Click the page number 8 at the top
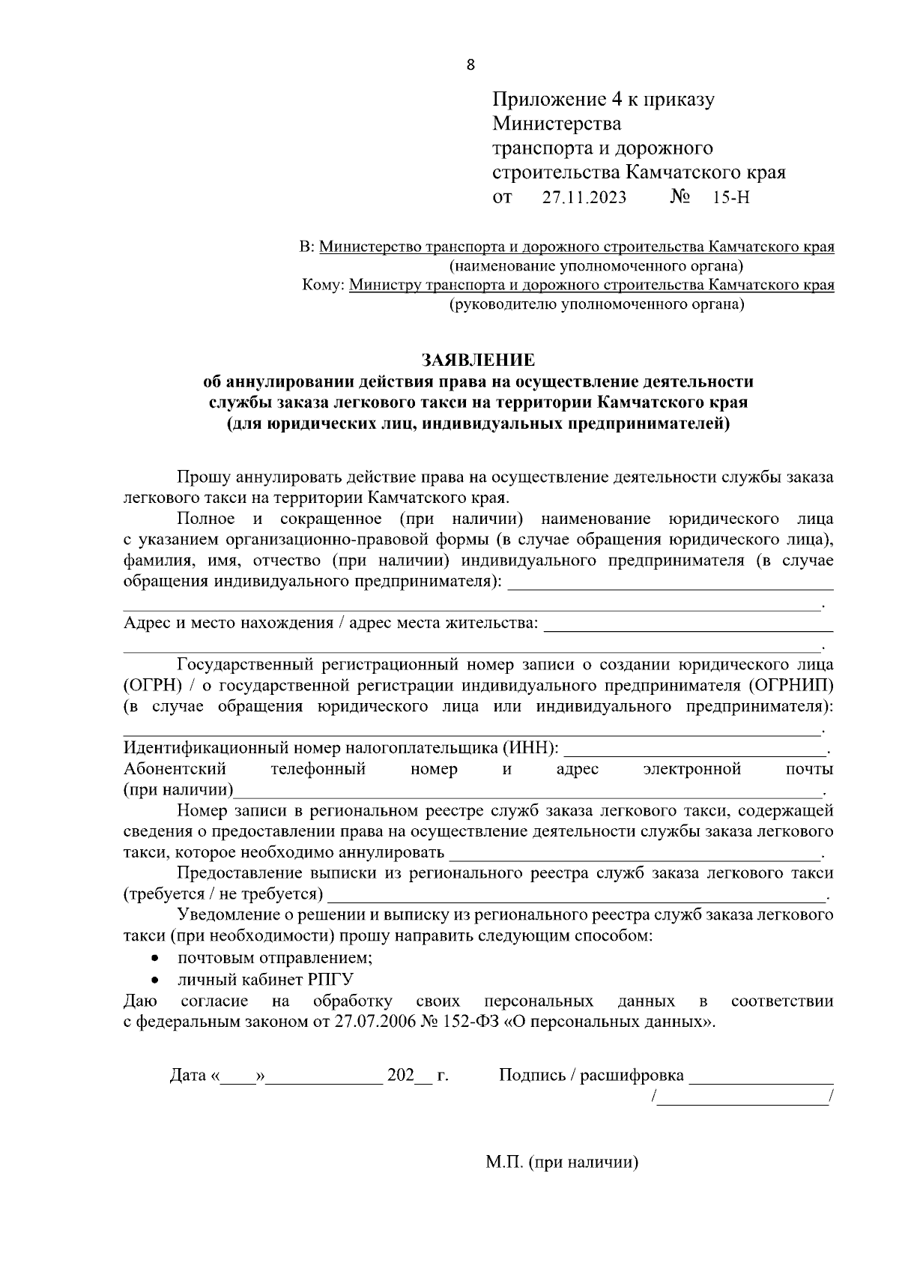coord(470,64)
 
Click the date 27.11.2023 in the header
coord(584,198)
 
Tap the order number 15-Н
coord(732,198)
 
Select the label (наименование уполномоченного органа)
coord(596,266)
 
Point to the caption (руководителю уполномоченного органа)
coord(596,304)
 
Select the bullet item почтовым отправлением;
coord(275,958)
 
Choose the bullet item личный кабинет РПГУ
coord(265,980)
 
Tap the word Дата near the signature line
coord(188,1076)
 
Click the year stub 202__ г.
coord(417,1076)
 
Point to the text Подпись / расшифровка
coord(591,1076)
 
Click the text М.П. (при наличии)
coord(561,1164)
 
